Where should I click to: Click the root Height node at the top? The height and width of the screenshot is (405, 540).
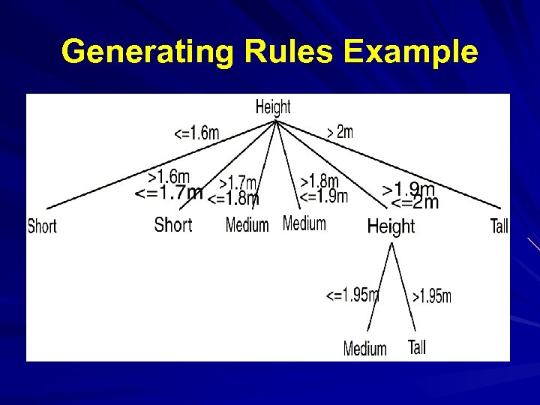click(x=273, y=106)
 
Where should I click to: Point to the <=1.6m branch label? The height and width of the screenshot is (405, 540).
click(x=196, y=133)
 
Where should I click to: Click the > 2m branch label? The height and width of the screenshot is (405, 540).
click(x=340, y=132)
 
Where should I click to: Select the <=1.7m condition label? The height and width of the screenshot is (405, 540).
click(x=168, y=193)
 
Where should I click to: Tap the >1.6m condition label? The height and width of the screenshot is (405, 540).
click(x=169, y=177)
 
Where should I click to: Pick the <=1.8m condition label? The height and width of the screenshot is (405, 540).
click(x=233, y=199)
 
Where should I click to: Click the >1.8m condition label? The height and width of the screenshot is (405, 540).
click(x=319, y=181)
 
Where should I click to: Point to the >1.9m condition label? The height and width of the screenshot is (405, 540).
click(x=409, y=188)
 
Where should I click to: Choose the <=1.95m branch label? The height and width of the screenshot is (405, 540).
click(x=352, y=295)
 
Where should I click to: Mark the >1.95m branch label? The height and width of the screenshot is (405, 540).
click(x=432, y=296)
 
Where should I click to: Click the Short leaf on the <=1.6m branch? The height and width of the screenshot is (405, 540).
click(x=42, y=225)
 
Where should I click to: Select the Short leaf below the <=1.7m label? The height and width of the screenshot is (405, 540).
click(x=173, y=224)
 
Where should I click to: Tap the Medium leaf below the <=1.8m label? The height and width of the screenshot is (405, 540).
click(x=247, y=224)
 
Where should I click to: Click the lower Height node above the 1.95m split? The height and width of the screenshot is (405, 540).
click(x=391, y=226)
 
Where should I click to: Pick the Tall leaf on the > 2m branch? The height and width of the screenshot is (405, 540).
click(x=499, y=225)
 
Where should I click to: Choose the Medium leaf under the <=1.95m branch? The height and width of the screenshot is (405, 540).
click(x=365, y=348)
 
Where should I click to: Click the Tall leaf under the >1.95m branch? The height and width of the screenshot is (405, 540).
click(x=417, y=346)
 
